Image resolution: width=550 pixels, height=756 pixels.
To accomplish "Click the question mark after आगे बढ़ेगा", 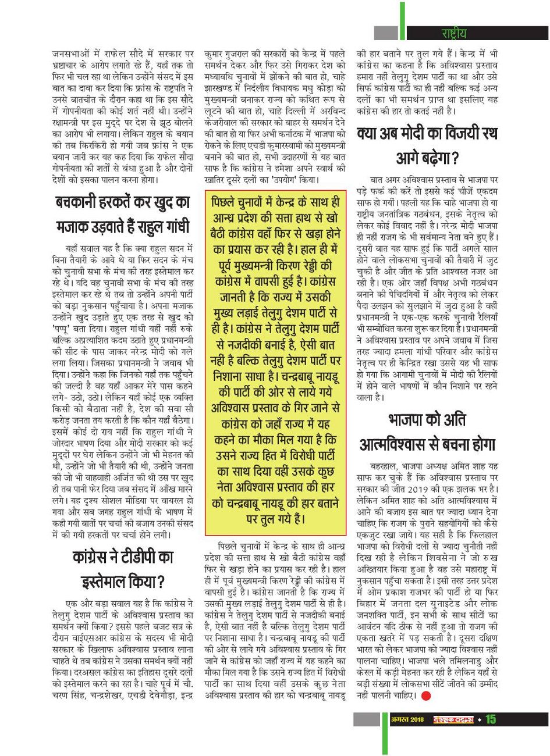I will click(x=455, y=159).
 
